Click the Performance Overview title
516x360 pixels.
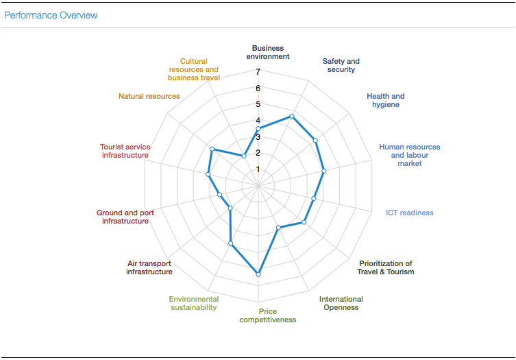pyautogui.click(x=51, y=15)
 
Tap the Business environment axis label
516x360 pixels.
pyautogui.click(x=267, y=53)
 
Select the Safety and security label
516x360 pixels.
pyautogui.click(x=341, y=65)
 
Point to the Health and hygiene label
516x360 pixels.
pyautogui.click(x=385, y=100)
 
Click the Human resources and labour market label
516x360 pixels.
pyautogui.click(x=410, y=155)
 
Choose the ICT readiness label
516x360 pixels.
pyautogui.click(x=409, y=213)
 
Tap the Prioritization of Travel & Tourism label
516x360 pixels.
pyautogui.click(x=385, y=267)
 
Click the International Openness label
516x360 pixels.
pyautogui.click(x=341, y=303)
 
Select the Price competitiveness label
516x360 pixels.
pyautogui.click(x=267, y=315)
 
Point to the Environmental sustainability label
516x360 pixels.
pyautogui.click(x=194, y=303)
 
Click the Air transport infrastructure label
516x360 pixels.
pyautogui.click(x=149, y=267)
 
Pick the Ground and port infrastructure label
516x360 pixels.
pyautogui.click(x=125, y=217)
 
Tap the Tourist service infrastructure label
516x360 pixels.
pyautogui.click(x=125, y=151)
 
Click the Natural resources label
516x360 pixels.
pyautogui.click(x=149, y=96)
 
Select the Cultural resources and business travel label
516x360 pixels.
pyautogui.click(x=194, y=69)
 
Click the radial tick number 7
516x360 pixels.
pyautogui.click(x=258, y=72)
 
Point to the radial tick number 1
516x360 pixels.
pyautogui.click(x=258, y=169)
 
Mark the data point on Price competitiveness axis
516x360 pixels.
pyautogui.click(x=258, y=274)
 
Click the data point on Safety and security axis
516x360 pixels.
pyautogui.click(x=292, y=116)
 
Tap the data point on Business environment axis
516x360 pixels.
pyautogui.click(x=258, y=129)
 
